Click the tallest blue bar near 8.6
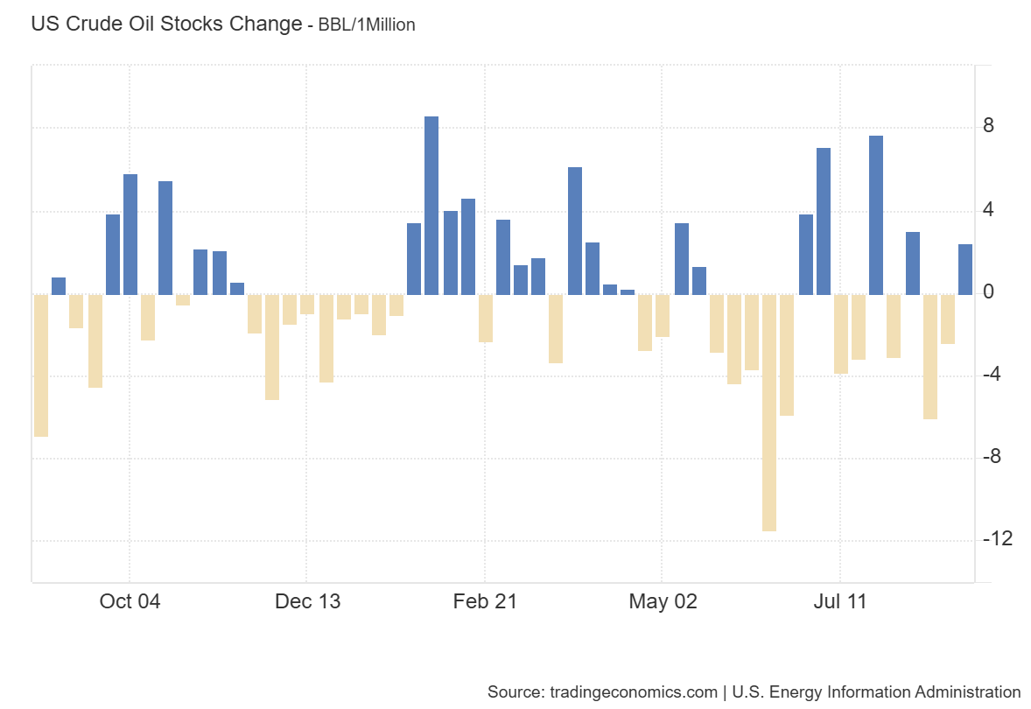click(x=431, y=206)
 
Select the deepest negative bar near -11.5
click(x=769, y=412)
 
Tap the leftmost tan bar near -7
click(x=40, y=365)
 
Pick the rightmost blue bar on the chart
click(x=965, y=270)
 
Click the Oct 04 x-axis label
click(x=130, y=601)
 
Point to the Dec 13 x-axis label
click(x=307, y=601)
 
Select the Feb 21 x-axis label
click(x=485, y=601)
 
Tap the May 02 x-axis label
click(x=663, y=601)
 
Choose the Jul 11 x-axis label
click(x=840, y=601)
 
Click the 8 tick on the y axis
click(x=989, y=126)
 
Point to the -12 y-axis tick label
click(x=997, y=538)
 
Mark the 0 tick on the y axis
click(x=989, y=291)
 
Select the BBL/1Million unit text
click(x=366, y=25)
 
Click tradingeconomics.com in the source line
click(x=633, y=691)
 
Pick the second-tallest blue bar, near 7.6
click(x=876, y=215)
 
